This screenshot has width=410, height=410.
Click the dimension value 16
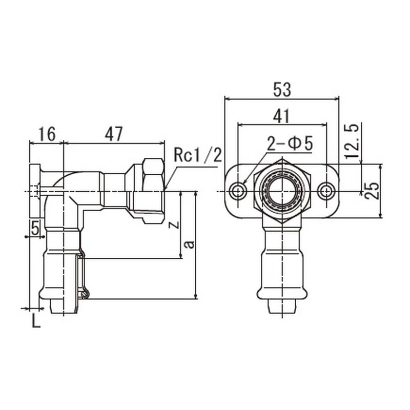pyautogui.click(x=47, y=134)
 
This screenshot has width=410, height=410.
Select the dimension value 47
pyautogui.click(x=114, y=134)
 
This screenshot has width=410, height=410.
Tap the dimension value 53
pyautogui.click(x=282, y=89)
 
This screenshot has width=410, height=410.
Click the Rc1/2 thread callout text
pyautogui.click(x=198, y=155)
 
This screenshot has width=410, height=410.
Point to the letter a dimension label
pyautogui.click(x=189, y=244)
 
